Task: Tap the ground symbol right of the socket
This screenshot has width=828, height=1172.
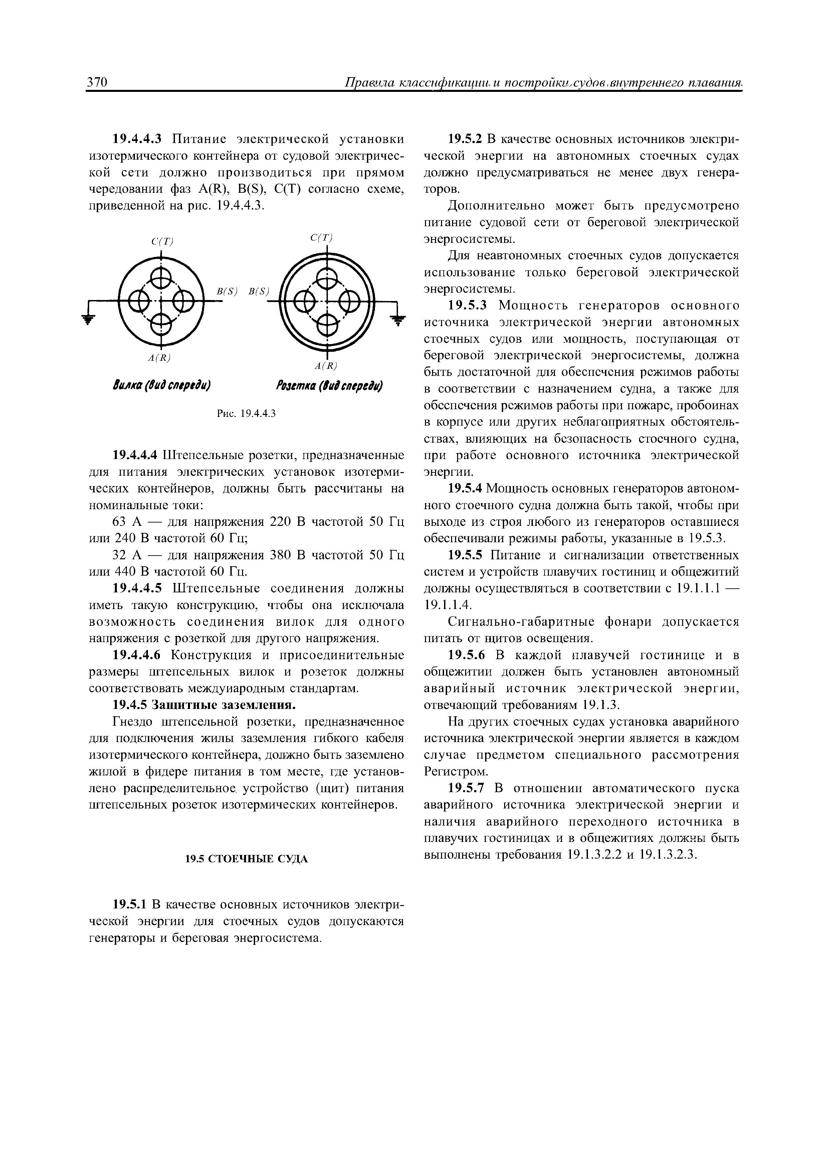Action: pyautogui.click(x=396, y=320)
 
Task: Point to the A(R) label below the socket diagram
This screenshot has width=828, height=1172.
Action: pyautogui.click(x=326, y=365)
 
